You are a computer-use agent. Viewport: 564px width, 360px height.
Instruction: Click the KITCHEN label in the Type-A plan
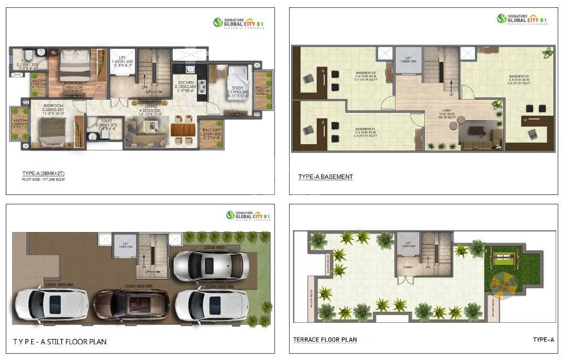pos(186,83)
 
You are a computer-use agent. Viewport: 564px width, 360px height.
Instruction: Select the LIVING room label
pos(151,106)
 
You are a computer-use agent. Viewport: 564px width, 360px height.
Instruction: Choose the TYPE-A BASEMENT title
pos(325,177)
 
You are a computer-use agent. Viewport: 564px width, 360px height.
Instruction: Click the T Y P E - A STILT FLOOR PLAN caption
pos(60,342)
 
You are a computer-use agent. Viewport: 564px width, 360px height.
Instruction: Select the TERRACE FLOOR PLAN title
pos(325,340)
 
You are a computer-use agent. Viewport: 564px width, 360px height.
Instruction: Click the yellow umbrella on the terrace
pos(502,285)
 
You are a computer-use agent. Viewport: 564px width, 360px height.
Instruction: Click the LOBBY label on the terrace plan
pos(408,267)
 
